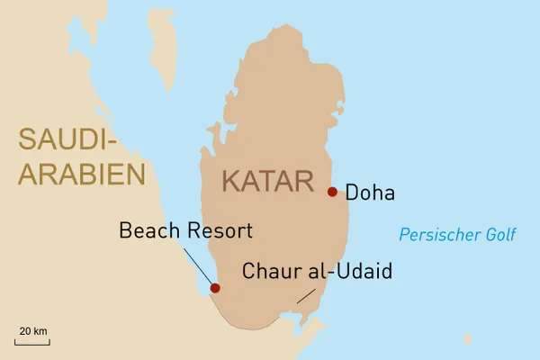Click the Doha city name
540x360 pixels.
tap(370, 193)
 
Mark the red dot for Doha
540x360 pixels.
tap(332, 192)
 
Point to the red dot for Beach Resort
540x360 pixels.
tap(215, 289)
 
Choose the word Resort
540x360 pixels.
tap(219, 230)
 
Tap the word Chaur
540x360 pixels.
tap(271, 271)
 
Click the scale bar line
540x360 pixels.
tap(32, 342)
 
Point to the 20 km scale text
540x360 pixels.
tap(32, 331)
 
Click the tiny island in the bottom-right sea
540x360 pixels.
tap(467, 339)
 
